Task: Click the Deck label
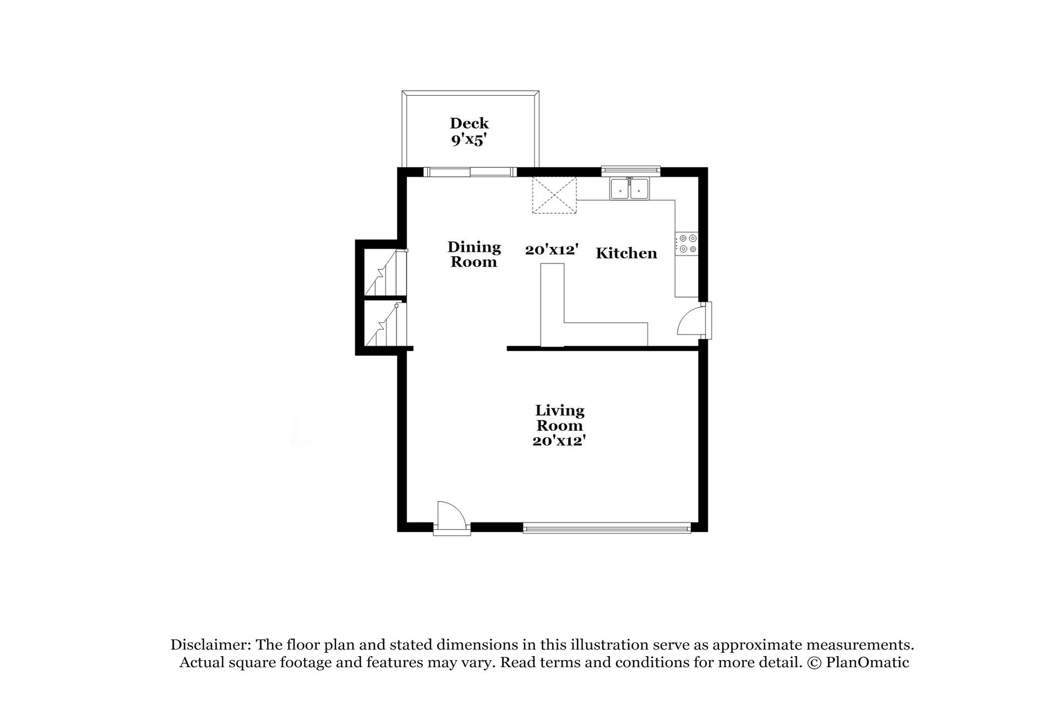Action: click(469, 123)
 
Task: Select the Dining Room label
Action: click(474, 254)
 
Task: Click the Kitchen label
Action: click(626, 254)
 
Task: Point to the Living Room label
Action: click(559, 418)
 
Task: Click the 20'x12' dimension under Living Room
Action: click(558, 441)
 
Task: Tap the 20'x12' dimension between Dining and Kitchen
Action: click(552, 250)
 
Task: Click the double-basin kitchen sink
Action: click(629, 189)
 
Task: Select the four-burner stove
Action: click(688, 244)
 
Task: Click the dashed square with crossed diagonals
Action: click(554, 195)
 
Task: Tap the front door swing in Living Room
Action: click(450, 516)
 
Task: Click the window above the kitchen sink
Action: click(630, 169)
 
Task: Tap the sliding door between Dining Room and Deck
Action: click(470, 172)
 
